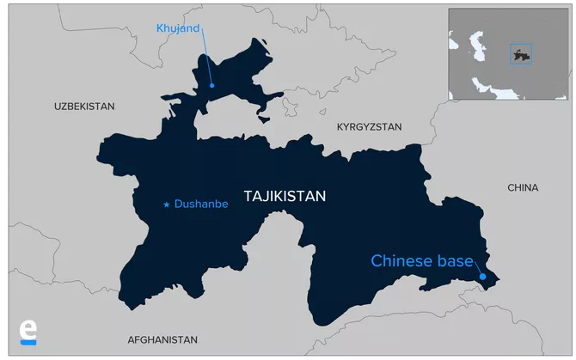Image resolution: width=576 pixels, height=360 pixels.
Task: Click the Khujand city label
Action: (x=177, y=28)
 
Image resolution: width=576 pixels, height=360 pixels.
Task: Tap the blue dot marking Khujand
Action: (x=211, y=85)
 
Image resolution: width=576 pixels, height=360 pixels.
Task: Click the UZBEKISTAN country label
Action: (x=83, y=106)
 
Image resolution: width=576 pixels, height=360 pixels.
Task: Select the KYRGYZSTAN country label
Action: (x=369, y=126)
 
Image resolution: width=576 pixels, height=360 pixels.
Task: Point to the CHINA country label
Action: (x=523, y=187)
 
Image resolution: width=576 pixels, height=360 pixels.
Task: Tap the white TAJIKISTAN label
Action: (x=285, y=197)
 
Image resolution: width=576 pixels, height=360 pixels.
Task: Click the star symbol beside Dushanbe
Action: (x=167, y=204)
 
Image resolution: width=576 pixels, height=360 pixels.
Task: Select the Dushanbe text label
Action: (x=201, y=204)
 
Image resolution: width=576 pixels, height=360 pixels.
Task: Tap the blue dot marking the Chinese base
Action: (x=483, y=277)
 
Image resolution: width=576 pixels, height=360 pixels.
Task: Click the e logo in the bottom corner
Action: (x=28, y=329)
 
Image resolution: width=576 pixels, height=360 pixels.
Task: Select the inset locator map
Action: (x=506, y=54)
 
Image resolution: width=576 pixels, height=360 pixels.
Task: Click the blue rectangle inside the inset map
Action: (x=520, y=54)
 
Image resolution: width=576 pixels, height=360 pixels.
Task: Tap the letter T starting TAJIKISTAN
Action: (x=248, y=197)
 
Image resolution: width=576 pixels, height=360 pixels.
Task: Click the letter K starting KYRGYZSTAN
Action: (x=340, y=126)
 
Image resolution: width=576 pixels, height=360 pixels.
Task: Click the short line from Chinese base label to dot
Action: (x=477, y=269)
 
